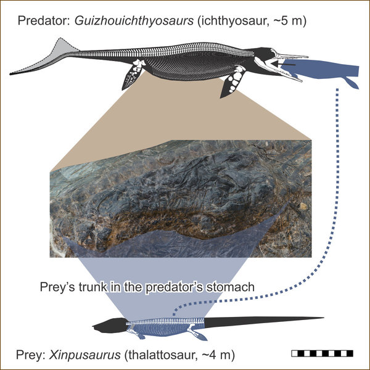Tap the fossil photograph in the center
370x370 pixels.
tap(179, 197)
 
